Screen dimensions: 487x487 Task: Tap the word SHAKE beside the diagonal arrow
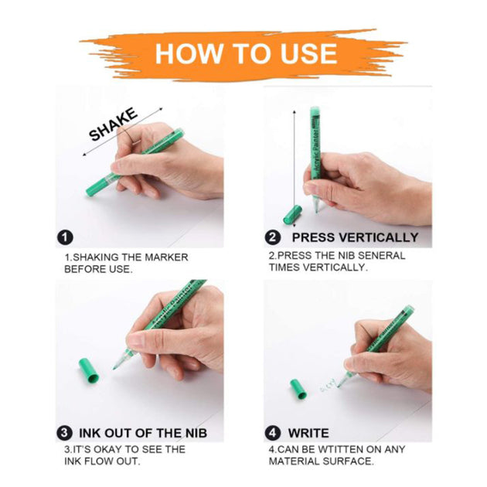[x=113, y=124]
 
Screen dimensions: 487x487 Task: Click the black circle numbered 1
[x=65, y=237]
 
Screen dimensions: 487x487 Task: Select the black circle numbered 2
[x=273, y=237]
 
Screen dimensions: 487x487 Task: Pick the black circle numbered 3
[x=64, y=433]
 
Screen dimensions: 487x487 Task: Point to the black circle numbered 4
[x=273, y=433]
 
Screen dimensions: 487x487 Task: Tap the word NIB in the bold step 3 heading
[x=196, y=433]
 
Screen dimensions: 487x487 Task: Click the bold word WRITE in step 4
[x=308, y=433]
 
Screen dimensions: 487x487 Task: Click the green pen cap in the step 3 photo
[x=89, y=370]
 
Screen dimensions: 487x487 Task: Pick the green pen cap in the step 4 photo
[x=298, y=389]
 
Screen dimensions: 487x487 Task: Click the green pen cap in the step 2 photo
[x=292, y=215]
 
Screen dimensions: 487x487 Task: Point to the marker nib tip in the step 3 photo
[x=114, y=368]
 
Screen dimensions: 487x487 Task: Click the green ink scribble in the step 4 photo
[x=327, y=385]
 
